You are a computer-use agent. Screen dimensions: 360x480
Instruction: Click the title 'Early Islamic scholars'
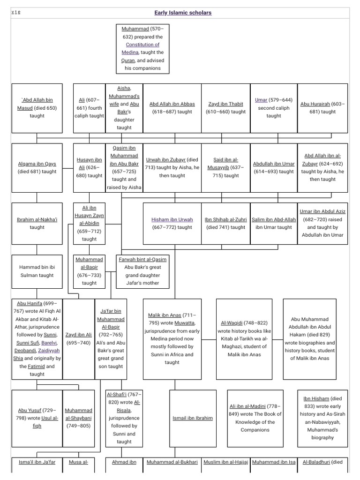click(x=183, y=13)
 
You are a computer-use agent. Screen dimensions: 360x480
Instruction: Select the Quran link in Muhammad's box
click(x=128, y=60)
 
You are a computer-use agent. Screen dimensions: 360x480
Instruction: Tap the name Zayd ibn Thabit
click(x=225, y=104)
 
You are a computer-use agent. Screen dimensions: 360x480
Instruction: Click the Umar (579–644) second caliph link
click(x=261, y=100)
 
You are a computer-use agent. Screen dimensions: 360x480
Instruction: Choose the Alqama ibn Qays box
click(x=37, y=168)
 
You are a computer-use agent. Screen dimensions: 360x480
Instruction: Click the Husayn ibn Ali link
click(x=89, y=164)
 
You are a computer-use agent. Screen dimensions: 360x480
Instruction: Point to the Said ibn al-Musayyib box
click(x=225, y=167)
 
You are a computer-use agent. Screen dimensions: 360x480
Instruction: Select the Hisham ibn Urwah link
click(x=172, y=219)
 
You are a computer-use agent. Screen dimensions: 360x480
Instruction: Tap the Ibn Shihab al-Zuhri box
click(x=225, y=223)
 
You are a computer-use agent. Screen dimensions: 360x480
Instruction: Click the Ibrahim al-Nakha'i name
click(x=37, y=219)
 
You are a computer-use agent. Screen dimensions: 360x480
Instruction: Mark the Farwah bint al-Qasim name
click(x=142, y=259)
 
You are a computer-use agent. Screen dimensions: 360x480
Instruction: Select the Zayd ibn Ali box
click(x=78, y=339)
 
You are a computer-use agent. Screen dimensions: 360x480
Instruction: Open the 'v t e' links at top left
click(x=15, y=12)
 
